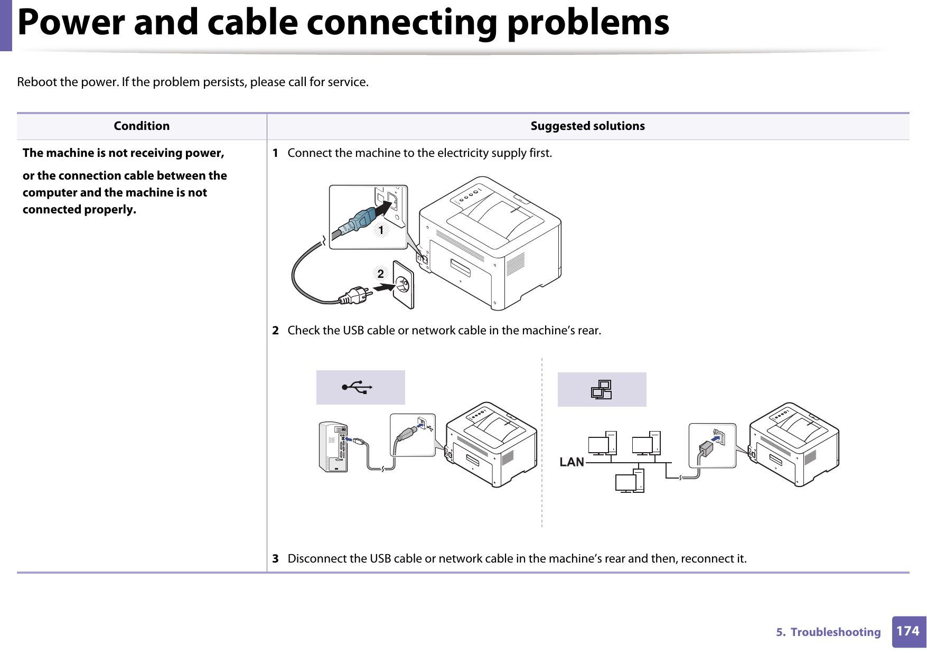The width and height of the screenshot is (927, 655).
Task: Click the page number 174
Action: pos(907,631)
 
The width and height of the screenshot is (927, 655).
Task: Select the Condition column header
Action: pos(142,126)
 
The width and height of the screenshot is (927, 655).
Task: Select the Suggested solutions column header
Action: pos(587,126)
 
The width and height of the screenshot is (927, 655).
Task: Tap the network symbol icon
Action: pos(602,390)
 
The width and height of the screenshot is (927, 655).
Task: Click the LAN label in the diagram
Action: pos(572,462)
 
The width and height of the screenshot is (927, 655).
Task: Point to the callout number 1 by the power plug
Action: pos(381,230)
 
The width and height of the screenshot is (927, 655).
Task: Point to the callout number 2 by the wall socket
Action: pos(380,274)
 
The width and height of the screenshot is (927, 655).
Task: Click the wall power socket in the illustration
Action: pos(403,285)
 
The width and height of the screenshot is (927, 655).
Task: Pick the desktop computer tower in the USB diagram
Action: pos(333,447)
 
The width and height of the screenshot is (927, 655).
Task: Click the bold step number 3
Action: pos(275,559)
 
